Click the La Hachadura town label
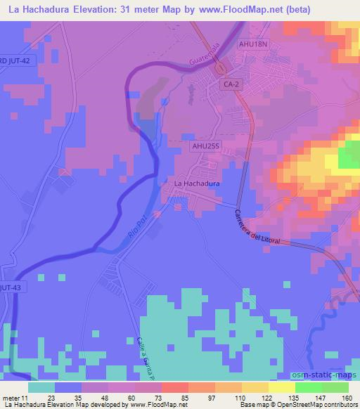[197, 183]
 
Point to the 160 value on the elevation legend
[346, 397]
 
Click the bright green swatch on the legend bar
[307, 387]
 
